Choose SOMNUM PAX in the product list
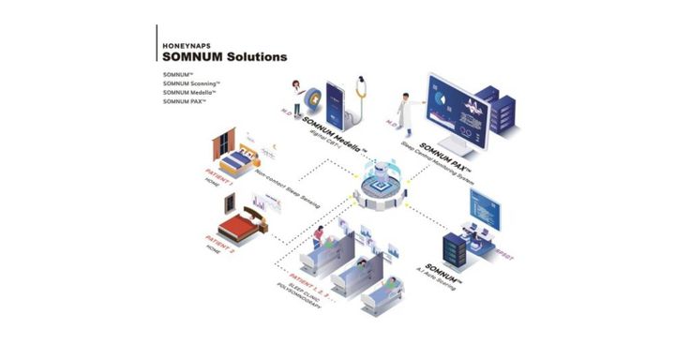pyautogui.click(x=184, y=101)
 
